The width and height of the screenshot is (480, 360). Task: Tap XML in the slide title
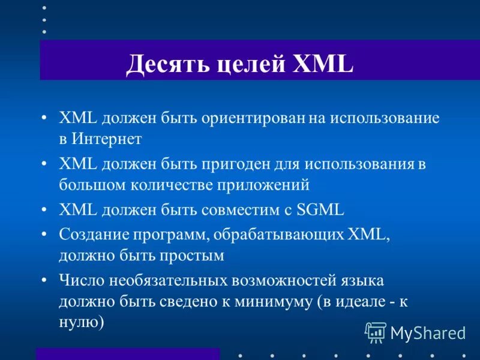coord(322,64)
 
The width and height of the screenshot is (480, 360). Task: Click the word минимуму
coord(273,301)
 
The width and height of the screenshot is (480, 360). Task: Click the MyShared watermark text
coord(428,332)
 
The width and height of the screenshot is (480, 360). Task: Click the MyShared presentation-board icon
coord(375,331)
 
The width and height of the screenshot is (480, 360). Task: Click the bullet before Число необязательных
coord(46,280)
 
